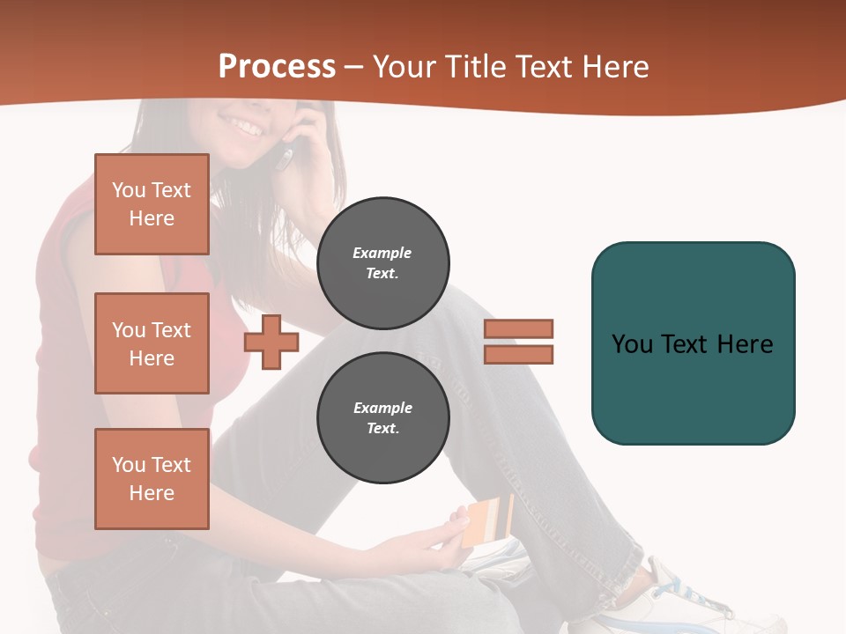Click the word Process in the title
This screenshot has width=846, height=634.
(x=277, y=67)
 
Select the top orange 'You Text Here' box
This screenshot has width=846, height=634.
(x=152, y=204)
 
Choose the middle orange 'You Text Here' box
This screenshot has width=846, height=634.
(x=152, y=343)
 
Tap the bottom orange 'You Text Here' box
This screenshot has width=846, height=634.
(x=152, y=479)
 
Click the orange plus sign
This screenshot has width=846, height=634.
(x=271, y=343)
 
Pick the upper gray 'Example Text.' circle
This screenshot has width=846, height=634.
(x=383, y=263)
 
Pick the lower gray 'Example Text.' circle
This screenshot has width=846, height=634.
(x=383, y=418)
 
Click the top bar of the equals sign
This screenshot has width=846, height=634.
(x=518, y=328)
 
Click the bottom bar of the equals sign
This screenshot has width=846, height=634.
(x=518, y=354)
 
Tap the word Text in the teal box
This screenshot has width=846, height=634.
(x=686, y=344)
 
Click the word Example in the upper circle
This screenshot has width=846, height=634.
(x=382, y=253)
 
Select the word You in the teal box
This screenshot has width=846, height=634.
(x=632, y=344)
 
